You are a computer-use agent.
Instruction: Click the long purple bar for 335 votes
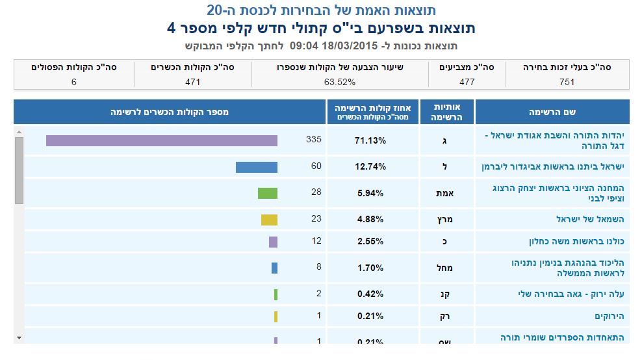tap(161, 140)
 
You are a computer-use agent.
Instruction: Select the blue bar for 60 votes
tap(256, 167)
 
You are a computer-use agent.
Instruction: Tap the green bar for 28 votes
tap(267, 193)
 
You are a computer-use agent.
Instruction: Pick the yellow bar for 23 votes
tap(269, 219)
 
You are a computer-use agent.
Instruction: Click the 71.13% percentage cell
tap(370, 140)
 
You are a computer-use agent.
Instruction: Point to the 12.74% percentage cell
tap(370, 167)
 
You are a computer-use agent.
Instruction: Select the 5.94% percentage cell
tap(370, 193)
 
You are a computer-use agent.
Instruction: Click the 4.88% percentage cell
tap(370, 219)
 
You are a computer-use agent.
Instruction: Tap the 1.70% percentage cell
tap(370, 268)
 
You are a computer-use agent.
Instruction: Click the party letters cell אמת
tap(445, 193)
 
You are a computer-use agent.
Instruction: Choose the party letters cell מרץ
tap(445, 219)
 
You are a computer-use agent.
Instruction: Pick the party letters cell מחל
tap(445, 268)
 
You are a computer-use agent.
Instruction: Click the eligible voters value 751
tap(567, 82)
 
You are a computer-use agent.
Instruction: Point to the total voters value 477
tap(467, 82)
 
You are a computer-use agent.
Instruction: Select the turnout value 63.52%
tap(339, 82)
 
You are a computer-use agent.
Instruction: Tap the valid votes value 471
tap(192, 82)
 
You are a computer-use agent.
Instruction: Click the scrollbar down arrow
tap(18, 338)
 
